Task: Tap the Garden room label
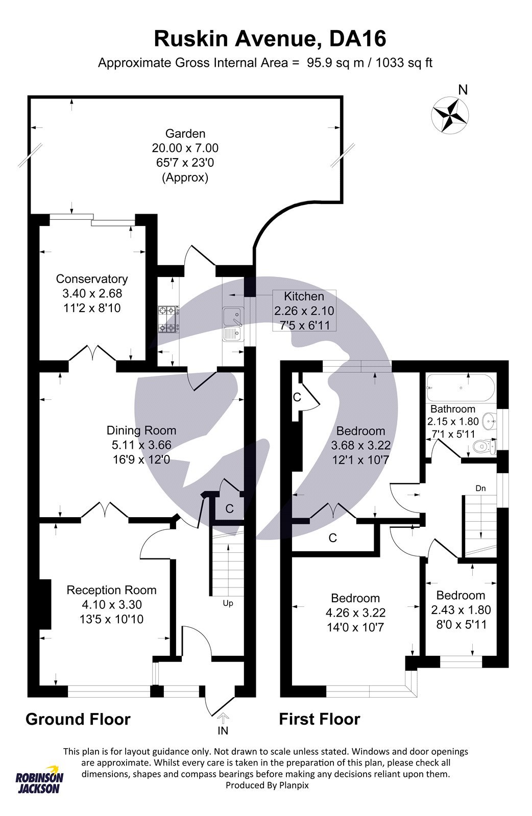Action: [x=185, y=134]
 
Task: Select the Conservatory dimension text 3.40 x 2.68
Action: [x=92, y=293]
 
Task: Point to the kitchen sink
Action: [x=233, y=324]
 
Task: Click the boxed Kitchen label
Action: [x=304, y=296]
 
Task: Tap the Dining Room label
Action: [x=141, y=430]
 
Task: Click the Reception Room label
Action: [x=111, y=590]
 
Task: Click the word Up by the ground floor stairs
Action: [x=228, y=603]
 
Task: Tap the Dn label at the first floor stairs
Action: [x=480, y=488]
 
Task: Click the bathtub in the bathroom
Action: [x=461, y=388]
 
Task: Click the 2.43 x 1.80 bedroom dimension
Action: [x=461, y=610]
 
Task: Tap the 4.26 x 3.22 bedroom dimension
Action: [x=355, y=613]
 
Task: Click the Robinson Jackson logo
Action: [x=39, y=779]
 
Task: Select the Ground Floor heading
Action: [x=78, y=719]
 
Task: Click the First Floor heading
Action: [x=319, y=719]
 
